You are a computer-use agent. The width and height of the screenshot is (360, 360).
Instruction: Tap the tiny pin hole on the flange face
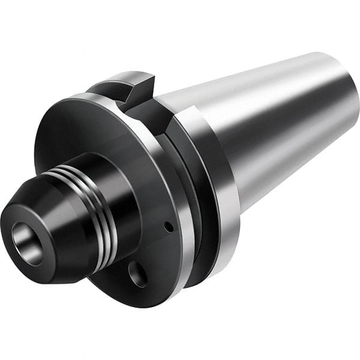point(169,227)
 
